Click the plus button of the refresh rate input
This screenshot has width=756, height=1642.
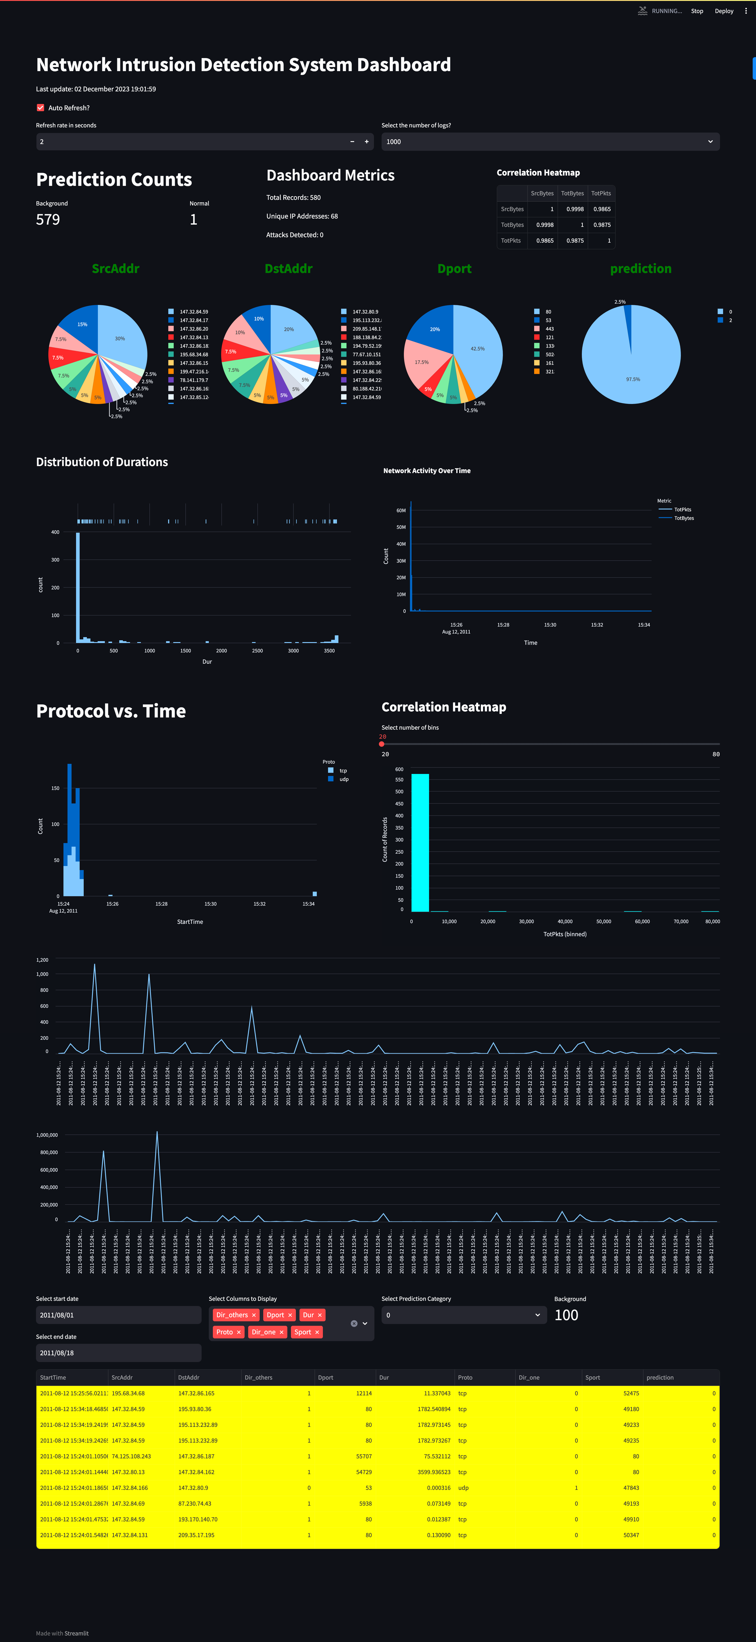point(367,142)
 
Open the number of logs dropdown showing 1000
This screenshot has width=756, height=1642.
point(550,142)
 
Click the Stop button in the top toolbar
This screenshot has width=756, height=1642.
point(697,11)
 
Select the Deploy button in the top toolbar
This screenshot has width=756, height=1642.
point(724,11)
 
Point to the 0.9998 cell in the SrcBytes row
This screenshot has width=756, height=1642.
point(574,209)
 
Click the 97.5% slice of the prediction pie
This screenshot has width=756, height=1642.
point(631,370)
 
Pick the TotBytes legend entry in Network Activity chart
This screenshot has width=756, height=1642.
point(683,518)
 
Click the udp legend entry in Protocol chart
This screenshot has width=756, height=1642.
point(344,779)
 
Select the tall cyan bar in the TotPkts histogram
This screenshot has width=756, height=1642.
point(420,841)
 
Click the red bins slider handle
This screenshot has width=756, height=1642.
point(382,744)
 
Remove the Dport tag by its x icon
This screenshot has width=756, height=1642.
point(290,1315)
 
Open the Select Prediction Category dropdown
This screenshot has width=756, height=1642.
point(463,1315)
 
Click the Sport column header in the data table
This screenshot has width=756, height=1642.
point(593,1378)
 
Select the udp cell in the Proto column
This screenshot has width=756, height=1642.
point(463,1488)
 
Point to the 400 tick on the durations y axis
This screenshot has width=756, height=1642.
point(55,532)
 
